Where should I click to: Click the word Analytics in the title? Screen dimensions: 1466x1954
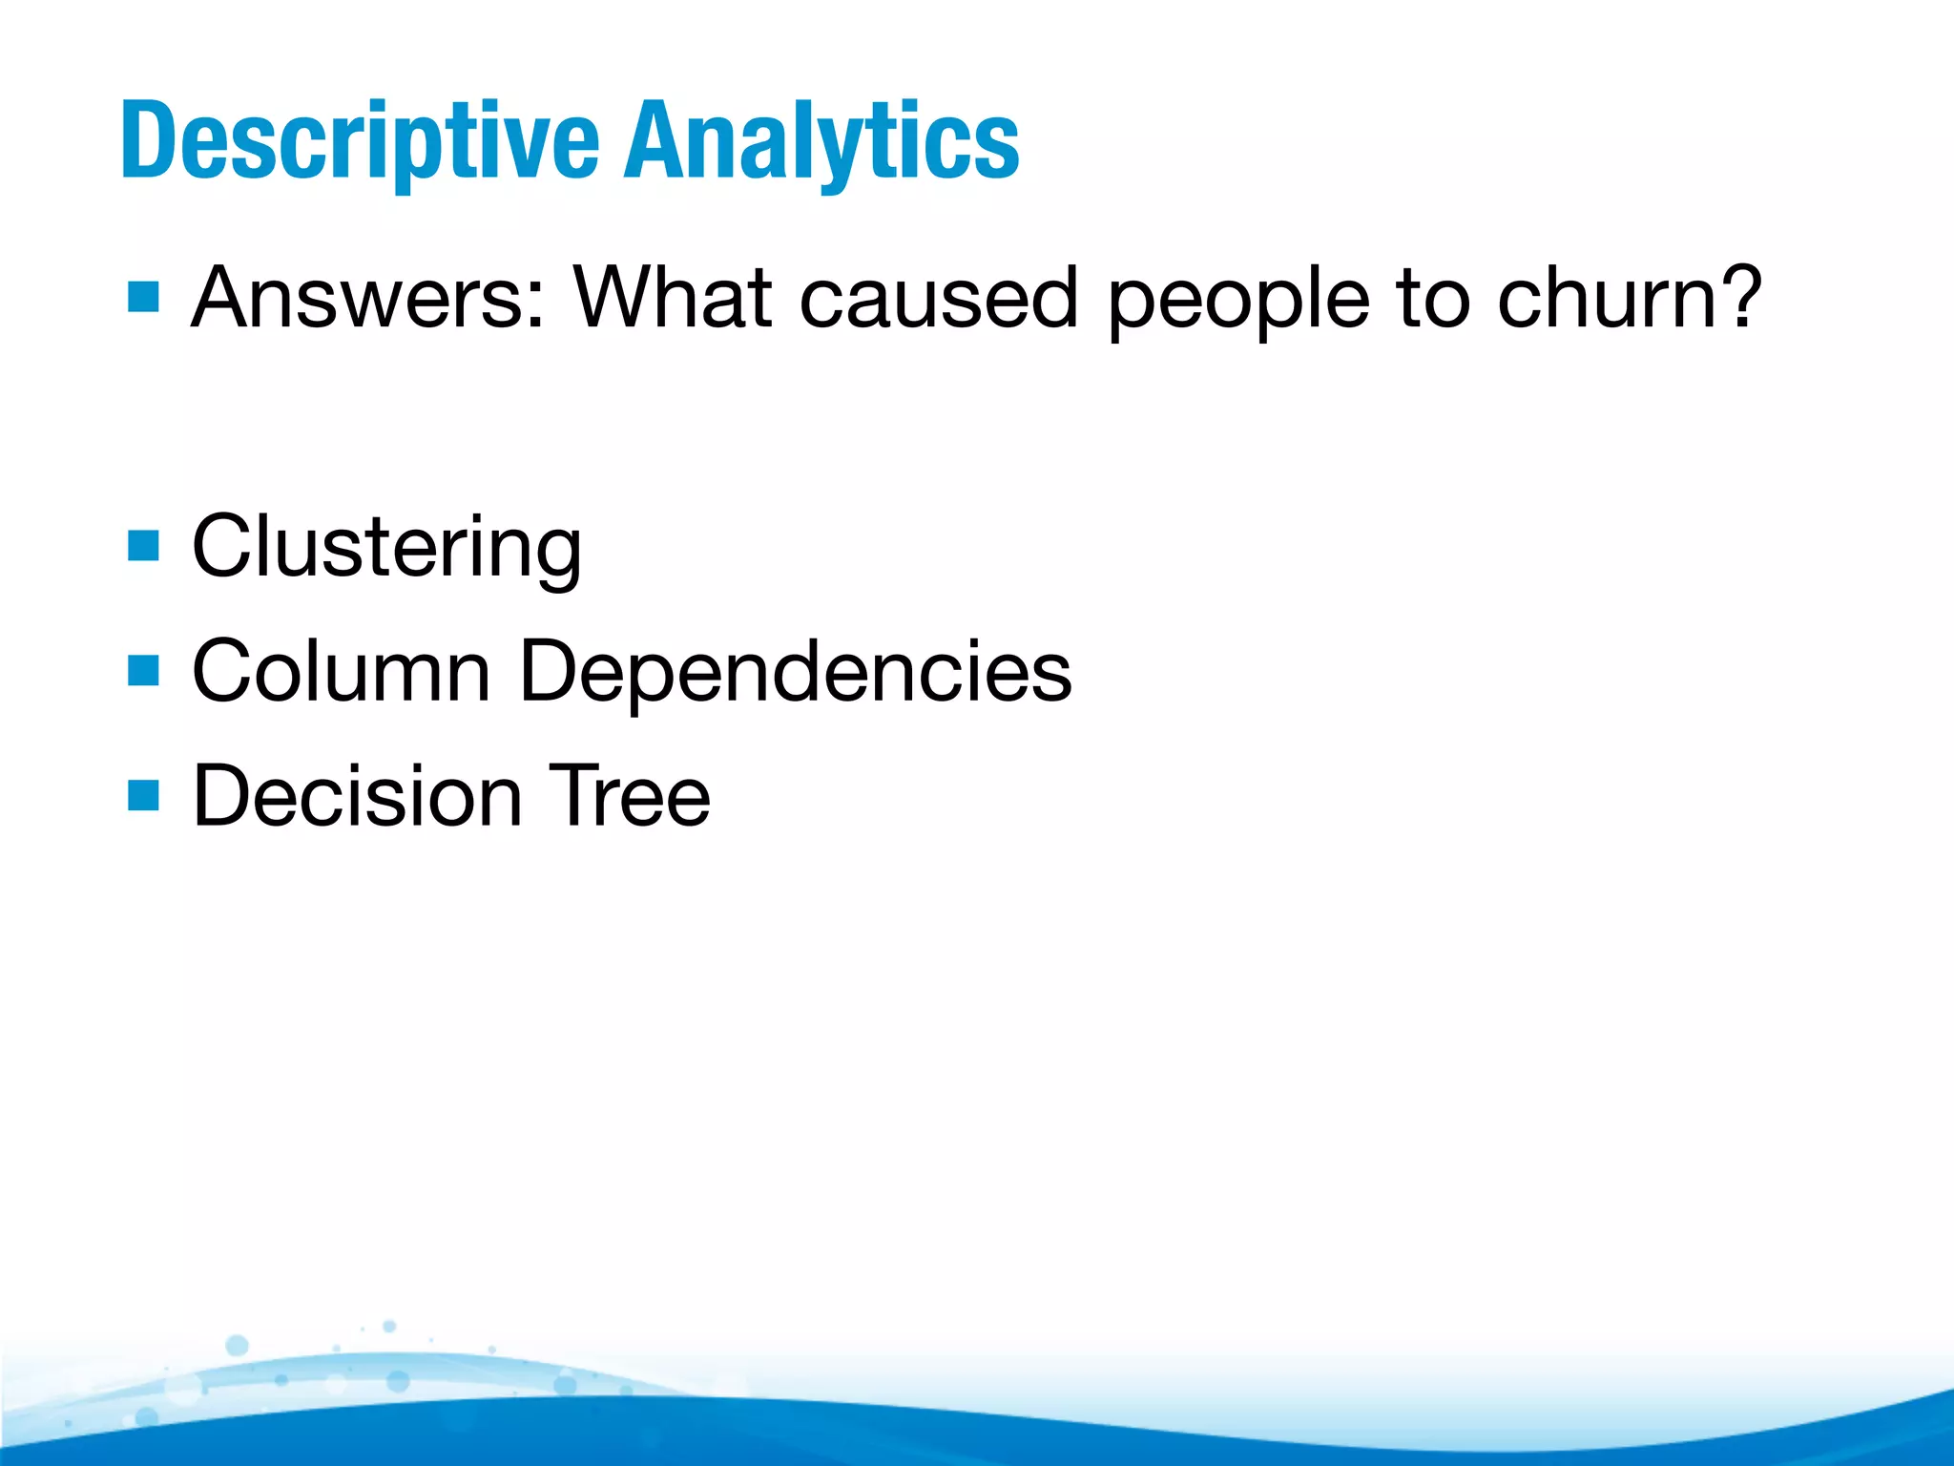[x=821, y=141]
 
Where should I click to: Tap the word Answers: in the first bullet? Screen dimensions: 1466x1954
[x=368, y=298]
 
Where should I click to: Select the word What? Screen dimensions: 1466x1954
[x=673, y=298]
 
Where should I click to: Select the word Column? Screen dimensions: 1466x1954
[x=341, y=671]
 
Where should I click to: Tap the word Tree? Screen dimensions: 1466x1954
[x=629, y=795]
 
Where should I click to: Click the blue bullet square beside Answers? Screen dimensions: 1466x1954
[x=143, y=297]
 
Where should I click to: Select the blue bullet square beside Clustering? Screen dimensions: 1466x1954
[x=143, y=547]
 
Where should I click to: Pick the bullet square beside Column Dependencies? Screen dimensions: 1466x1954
[x=143, y=670]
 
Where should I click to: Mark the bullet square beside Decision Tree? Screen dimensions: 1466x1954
[x=143, y=794]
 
